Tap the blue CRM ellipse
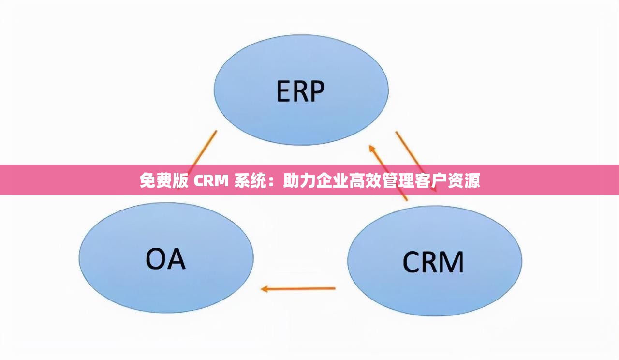tap(434, 285)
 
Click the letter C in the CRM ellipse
tap(413, 262)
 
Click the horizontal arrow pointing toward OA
tap(300, 289)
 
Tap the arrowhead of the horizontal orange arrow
tap(265, 289)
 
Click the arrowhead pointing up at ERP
tap(371, 147)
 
